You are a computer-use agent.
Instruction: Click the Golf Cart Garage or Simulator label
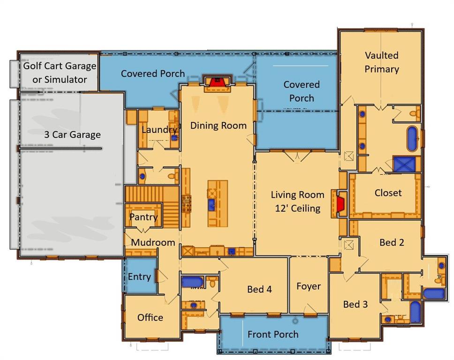(x=60, y=73)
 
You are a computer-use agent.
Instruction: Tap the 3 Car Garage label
(x=72, y=135)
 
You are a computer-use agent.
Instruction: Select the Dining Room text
(x=218, y=126)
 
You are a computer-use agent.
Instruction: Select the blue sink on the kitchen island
(x=212, y=204)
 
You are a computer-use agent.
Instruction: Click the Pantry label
(x=143, y=217)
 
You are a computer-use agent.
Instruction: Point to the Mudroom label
(x=153, y=243)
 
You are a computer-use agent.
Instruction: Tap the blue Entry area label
(x=139, y=277)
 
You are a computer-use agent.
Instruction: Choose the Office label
(x=150, y=317)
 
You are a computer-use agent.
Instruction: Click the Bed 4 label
(x=259, y=289)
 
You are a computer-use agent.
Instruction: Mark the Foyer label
(x=309, y=286)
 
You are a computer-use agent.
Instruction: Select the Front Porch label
(x=273, y=334)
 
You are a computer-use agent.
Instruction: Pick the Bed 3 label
(x=355, y=304)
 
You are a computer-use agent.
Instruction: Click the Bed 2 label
(x=392, y=242)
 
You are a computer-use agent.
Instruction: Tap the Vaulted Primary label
(x=382, y=62)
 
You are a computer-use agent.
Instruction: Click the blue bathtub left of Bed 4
(x=192, y=282)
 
